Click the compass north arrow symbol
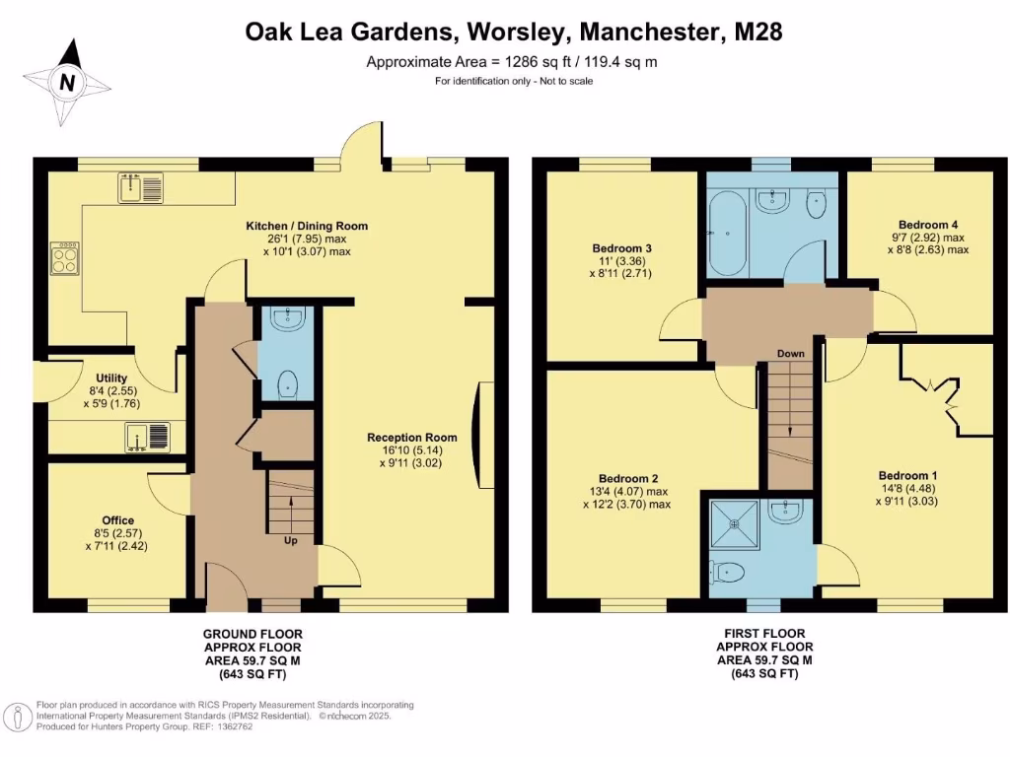[x=66, y=83]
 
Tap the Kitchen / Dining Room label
[x=307, y=227]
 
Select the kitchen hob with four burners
[x=64, y=258]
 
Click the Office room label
[x=117, y=520]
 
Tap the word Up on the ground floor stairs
[x=291, y=541]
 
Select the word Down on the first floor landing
[x=790, y=353]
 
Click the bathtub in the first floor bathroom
[x=728, y=234]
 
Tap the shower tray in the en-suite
[x=733, y=524]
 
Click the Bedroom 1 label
[x=904, y=475]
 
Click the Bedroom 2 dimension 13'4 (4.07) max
[x=625, y=491]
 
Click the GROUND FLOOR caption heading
[x=252, y=633]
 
